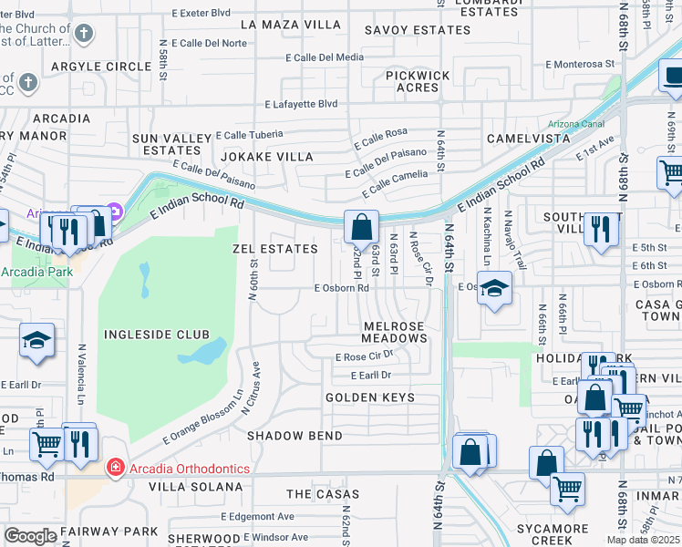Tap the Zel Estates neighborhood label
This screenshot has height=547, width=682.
pos(274,249)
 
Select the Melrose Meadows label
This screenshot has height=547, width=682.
pos(394,332)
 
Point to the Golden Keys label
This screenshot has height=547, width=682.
pos(370,397)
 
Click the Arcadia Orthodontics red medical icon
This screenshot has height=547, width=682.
pos(115,469)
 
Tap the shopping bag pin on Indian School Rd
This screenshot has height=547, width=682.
pos(362,227)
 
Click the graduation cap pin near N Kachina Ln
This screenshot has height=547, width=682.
pos(493,289)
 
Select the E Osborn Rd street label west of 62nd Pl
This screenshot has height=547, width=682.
pos(341,287)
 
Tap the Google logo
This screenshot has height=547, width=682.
pos(30,536)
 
